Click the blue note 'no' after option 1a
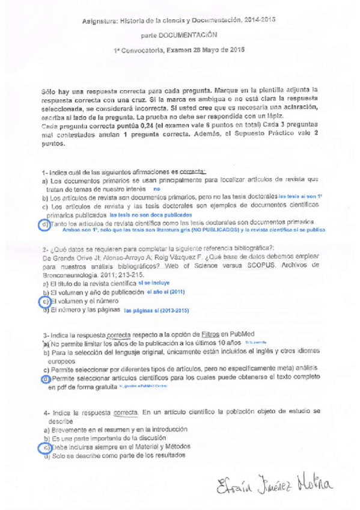157,189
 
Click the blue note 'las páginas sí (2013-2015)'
156,311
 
